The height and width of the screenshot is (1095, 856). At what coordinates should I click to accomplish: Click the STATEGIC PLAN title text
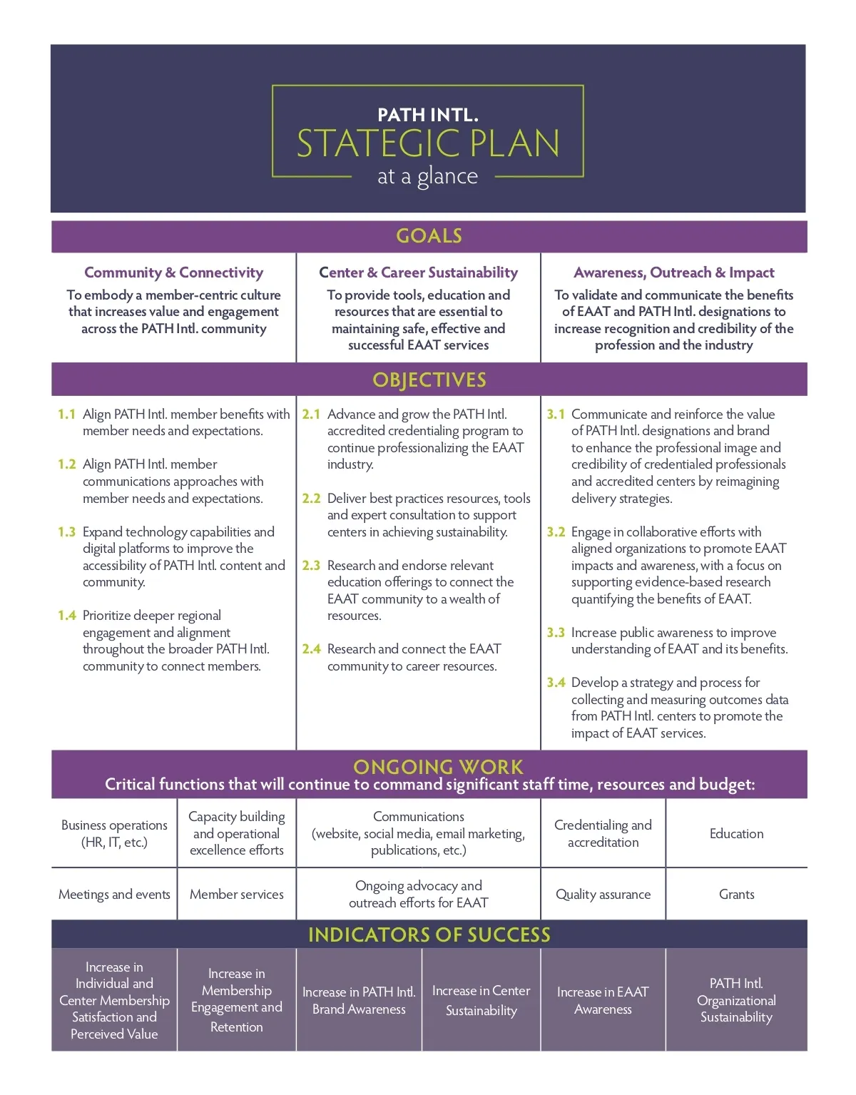click(x=428, y=143)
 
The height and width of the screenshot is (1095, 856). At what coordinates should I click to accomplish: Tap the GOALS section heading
click(x=429, y=236)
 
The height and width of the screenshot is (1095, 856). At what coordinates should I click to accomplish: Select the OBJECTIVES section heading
click(x=429, y=380)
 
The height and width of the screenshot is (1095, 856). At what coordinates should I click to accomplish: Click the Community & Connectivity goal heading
click(x=173, y=273)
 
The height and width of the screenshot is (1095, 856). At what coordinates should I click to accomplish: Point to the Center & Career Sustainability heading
click(x=418, y=273)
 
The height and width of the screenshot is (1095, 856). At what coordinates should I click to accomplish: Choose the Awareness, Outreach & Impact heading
click(x=673, y=273)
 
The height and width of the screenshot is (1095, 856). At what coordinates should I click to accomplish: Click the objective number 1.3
click(x=66, y=532)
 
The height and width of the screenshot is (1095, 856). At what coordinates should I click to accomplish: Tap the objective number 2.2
click(x=311, y=499)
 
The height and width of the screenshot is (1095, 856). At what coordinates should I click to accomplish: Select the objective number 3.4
click(x=556, y=683)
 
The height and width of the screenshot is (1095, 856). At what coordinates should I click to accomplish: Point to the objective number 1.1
click(x=66, y=414)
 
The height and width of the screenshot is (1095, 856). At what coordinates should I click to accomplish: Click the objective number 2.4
click(x=311, y=649)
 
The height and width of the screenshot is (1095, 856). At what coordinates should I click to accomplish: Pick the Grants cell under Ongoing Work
click(x=736, y=895)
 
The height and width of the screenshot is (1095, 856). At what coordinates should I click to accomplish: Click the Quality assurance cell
click(x=603, y=895)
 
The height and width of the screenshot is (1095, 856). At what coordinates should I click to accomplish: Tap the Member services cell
click(x=236, y=895)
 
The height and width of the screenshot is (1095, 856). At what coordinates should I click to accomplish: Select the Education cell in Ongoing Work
click(x=736, y=834)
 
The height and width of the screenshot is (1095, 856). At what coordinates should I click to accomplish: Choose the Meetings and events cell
click(x=114, y=895)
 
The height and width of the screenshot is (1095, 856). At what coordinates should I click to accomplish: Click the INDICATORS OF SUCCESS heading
click(x=429, y=934)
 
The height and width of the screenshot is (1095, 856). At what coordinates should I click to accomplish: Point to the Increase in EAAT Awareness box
click(x=603, y=1000)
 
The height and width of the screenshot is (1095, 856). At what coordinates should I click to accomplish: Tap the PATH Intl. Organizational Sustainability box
click(x=736, y=1000)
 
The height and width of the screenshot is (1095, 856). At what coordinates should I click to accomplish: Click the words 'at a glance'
click(x=427, y=176)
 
